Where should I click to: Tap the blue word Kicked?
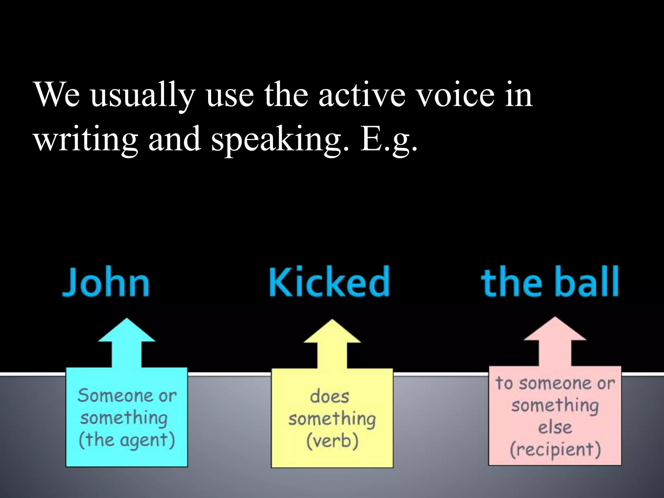click(x=329, y=281)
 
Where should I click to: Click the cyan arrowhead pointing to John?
click(x=127, y=332)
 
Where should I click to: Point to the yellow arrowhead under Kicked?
click(x=332, y=333)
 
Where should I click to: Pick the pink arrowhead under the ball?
click(x=555, y=331)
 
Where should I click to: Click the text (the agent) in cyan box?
click(x=126, y=440)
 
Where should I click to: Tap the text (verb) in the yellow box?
click(x=332, y=441)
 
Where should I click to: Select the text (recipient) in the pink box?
click(x=555, y=449)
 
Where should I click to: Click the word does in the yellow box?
click(x=329, y=397)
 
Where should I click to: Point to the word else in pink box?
click(x=555, y=427)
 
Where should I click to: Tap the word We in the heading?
click(x=57, y=95)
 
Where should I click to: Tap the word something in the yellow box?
click(x=332, y=419)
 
